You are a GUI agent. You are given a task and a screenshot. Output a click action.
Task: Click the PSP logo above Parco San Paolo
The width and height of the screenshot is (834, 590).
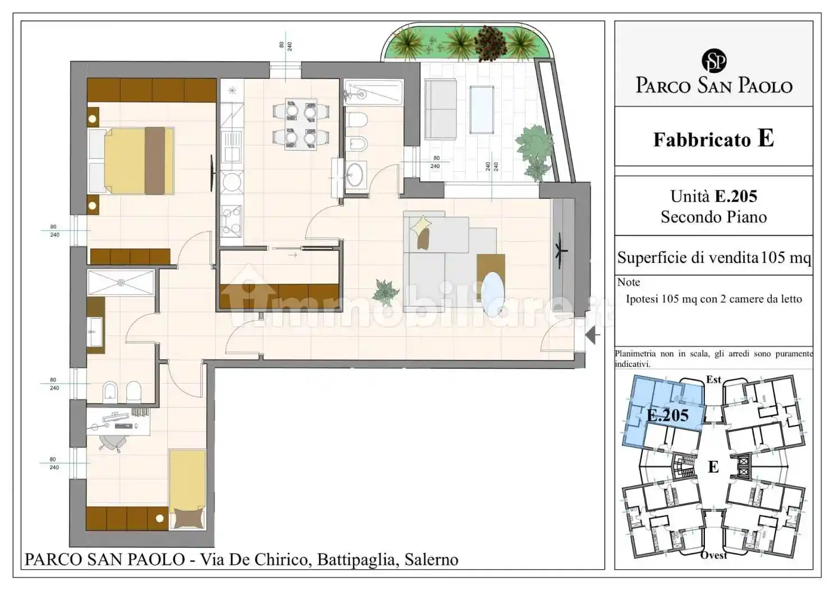coord(714,61)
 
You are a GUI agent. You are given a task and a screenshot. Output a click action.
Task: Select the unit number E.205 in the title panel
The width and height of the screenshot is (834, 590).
coord(736,197)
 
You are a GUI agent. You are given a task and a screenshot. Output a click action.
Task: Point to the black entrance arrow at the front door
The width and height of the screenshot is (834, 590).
coord(592,335)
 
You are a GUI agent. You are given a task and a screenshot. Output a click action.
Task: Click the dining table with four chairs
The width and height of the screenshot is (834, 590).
coord(301,125)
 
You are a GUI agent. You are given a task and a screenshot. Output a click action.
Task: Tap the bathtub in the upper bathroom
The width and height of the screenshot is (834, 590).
coord(373,92)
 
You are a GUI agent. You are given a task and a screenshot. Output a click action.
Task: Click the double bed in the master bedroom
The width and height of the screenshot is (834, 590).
coord(131,161)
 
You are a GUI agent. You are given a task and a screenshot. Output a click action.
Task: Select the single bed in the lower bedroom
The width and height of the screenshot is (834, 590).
coord(187,489)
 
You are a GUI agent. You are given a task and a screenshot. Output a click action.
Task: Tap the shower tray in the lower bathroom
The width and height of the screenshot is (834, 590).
coord(121,283)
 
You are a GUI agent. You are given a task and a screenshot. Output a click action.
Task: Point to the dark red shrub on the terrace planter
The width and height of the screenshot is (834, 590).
coord(491,43)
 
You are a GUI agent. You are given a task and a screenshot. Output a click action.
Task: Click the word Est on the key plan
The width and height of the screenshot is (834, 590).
coord(713,379)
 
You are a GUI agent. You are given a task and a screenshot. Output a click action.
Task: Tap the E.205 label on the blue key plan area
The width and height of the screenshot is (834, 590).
coord(668,415)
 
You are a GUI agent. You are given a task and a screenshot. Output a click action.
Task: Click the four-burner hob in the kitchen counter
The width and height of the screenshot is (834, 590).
coord(232,221)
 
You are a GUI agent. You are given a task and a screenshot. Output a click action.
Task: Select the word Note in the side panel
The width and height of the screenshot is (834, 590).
coord(629,282)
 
